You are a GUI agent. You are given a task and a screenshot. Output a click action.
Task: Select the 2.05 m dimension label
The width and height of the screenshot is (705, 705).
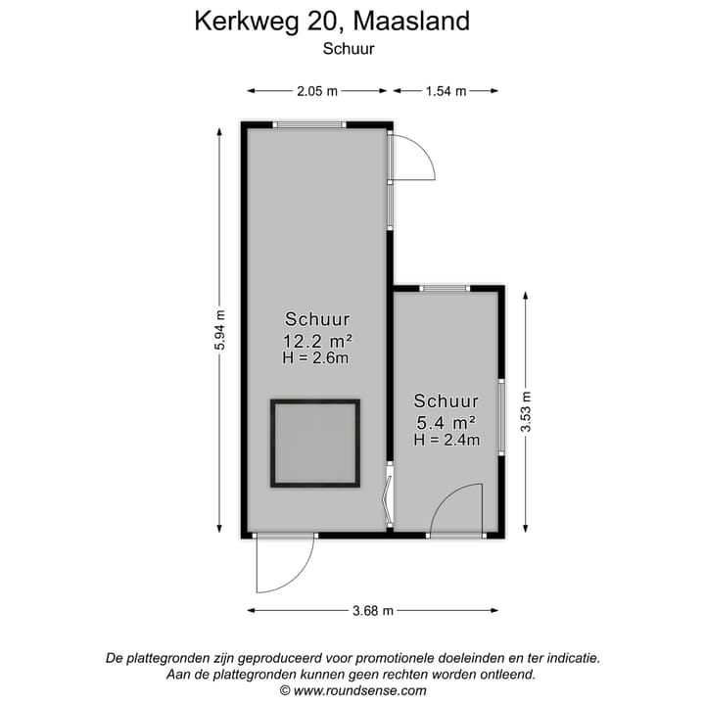click(317, 91)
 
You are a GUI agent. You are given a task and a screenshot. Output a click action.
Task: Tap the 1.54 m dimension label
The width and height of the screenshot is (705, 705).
click(446, 91)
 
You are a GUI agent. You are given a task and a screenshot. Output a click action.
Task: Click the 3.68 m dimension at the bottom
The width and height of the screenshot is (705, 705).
click(373, 610)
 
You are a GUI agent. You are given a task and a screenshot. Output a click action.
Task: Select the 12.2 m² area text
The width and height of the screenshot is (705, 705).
click(317, 341)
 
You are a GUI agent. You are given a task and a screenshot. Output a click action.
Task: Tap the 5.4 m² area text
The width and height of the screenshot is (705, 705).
click(446, 422)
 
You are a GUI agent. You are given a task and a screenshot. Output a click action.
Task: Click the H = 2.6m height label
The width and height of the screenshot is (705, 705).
click(317, 358)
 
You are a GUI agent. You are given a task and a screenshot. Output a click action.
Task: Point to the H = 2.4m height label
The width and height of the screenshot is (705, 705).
click(446, 440)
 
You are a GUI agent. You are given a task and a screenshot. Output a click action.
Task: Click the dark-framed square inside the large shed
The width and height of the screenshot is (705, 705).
click(315, 444)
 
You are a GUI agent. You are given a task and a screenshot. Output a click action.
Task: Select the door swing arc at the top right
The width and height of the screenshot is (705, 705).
click(416, 157)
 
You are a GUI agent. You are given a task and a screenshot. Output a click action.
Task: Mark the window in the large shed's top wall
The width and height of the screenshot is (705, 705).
click(309, 124)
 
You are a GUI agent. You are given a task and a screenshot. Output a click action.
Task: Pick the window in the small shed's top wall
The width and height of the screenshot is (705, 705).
click(446, 288)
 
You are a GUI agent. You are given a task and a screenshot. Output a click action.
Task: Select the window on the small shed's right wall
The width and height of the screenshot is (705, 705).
click(501, 415)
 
